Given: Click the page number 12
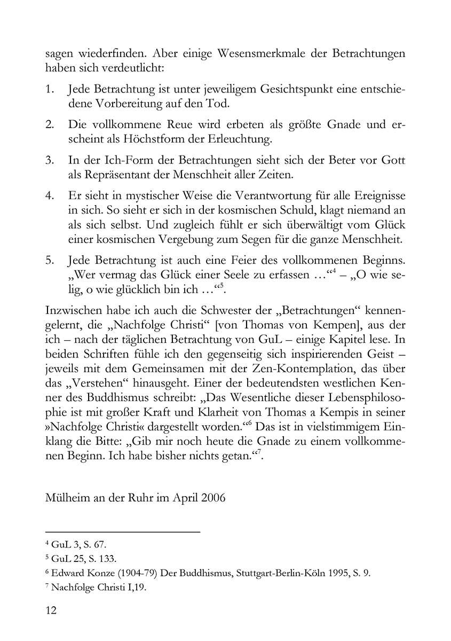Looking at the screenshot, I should (x=51, y=610).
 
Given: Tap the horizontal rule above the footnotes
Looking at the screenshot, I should (x=123, y=532).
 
